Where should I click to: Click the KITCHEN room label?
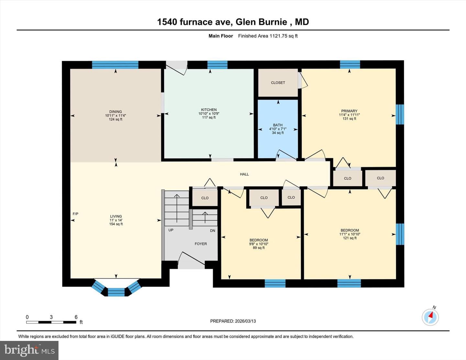point(209,110)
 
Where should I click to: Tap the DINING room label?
point(116,112)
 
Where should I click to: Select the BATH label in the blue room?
point(278,125)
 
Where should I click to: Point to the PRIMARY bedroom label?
point(349,111)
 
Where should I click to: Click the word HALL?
point(244,174)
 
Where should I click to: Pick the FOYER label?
point(201,244)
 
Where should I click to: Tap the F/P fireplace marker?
point(75,214)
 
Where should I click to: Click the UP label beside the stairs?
point(171,230)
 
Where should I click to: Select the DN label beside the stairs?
point(213,231)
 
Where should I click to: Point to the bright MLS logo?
point(29,350)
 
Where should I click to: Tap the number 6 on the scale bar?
point(76,317)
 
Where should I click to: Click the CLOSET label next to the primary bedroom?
point(278,83)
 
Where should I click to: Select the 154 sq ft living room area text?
point(116,224)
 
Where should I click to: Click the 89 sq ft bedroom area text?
point(259,248)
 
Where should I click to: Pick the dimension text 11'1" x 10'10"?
point(350,234)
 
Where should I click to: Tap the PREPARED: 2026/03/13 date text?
point(233,321)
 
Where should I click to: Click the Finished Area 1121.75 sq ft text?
point(268,36)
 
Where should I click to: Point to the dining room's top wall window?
point(116,65)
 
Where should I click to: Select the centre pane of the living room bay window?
point(116,292)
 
